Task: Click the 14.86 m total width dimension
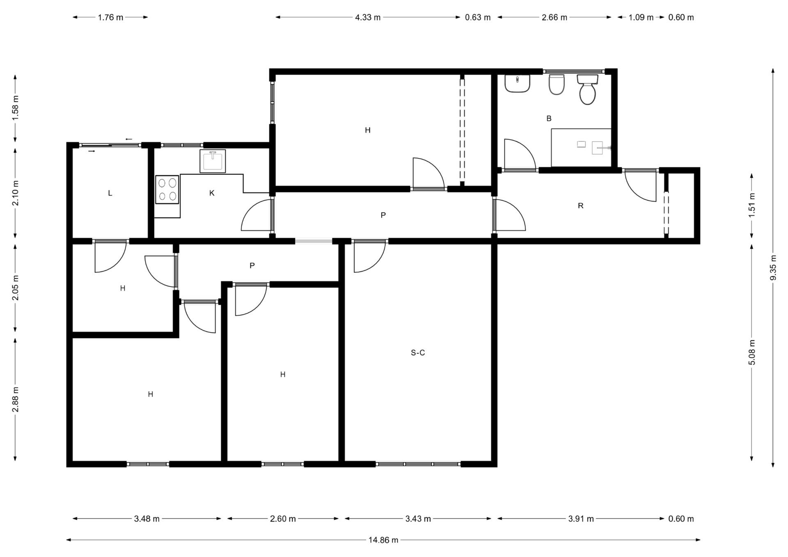point(383,540)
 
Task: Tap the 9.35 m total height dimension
point(773,268)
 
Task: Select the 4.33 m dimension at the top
point(368,17)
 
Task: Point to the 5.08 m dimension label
point(752,352)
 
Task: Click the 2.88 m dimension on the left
point(15,399)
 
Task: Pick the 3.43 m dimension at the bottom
point(418,518)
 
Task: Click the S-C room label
point(418,352)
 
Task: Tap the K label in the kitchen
point(212,193)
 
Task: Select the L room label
point(110,193)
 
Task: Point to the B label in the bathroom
point(549,119)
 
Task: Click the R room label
point(580,205)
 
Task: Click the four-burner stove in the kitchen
point(167,189)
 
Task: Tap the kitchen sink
point(213,161)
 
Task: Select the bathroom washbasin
point(517,83)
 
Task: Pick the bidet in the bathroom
point(557,84)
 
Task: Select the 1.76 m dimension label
point(110,17)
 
